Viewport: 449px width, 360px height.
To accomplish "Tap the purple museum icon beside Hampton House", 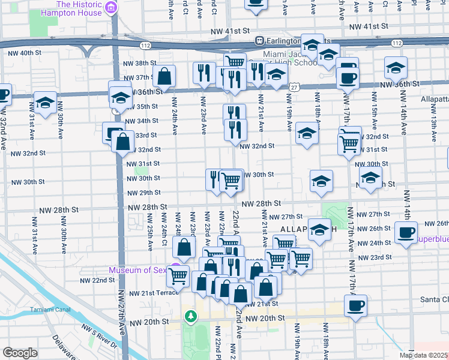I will [111, 8].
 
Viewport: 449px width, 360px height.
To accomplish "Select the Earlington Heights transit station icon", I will [260, 41].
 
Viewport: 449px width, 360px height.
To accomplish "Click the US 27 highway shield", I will [293, 87].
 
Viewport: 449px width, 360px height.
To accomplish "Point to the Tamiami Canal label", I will [50, 310].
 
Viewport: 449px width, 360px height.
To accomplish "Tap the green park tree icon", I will [190, 316].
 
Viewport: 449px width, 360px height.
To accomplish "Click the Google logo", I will [20, 353].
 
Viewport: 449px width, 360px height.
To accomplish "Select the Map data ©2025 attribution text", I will [424, 355].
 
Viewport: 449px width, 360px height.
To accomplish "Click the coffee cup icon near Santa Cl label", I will [355, 305].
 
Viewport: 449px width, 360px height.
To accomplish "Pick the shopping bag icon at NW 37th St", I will [164, 76].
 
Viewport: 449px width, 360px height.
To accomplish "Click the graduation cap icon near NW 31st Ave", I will [45, 103].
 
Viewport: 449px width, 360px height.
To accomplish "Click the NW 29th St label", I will [144, 193].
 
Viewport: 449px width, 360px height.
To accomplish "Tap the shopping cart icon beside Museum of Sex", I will [178, 275].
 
